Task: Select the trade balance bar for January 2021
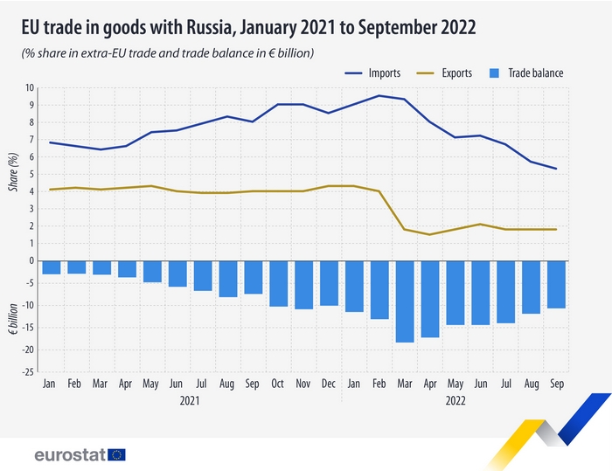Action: tap(52, 267)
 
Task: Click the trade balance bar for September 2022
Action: tap(556, 285)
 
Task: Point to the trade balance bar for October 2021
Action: tap(279, 283)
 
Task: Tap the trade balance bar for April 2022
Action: tap(429, 299)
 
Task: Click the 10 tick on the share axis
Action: tap(30, 87)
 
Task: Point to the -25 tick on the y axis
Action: tap(28, 372)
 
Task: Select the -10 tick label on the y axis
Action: tap(28, 306)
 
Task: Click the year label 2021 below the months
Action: tap(190, 400)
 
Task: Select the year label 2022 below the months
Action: tap(455, 400)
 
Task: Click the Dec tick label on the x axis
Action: tap(329, 384)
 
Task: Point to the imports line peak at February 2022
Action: tap(379, 95)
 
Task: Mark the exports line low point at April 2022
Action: tap(429, 234)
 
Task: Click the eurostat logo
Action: tap(80, 454)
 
